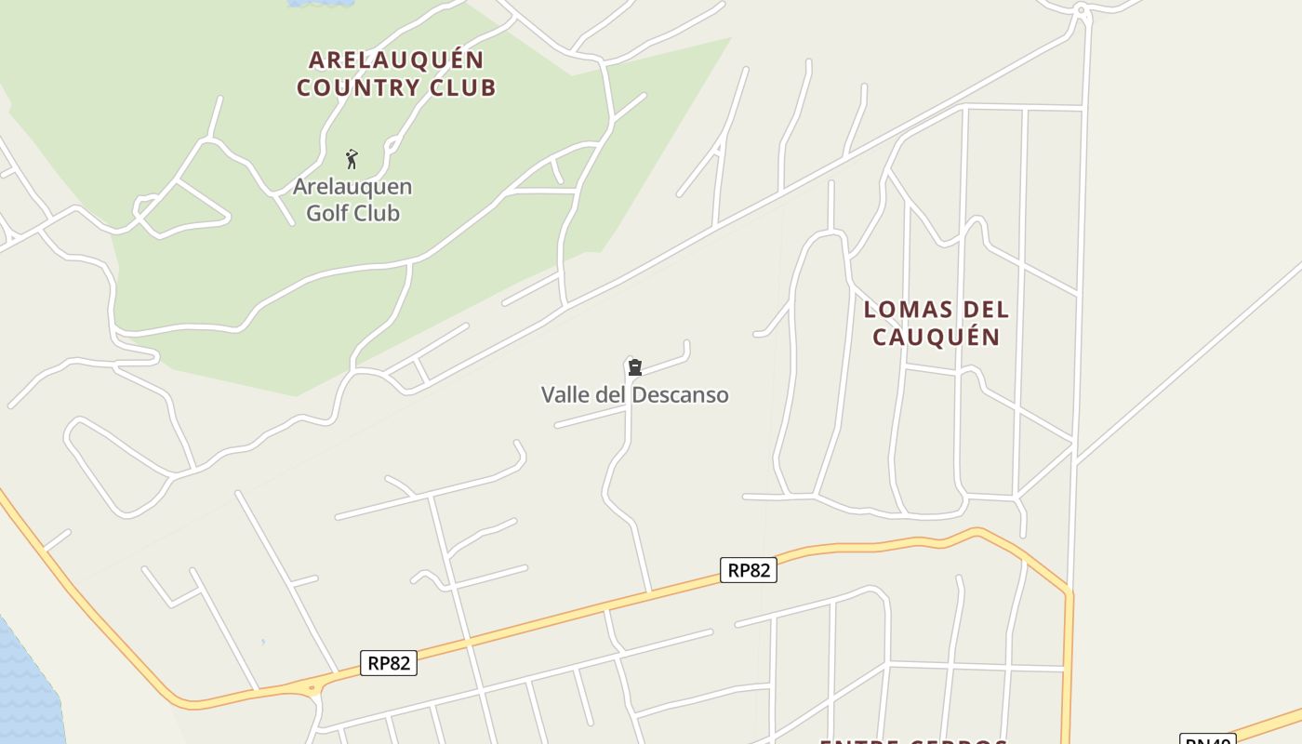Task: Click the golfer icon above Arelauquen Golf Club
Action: click(x=352, y=159)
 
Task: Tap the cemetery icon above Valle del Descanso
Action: click(x=635, y=368)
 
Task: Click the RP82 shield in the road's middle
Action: click(x=749, y=570)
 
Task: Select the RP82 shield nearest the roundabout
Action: click(x=389, y=663)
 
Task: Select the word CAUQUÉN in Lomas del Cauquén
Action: click(x=936, y=337)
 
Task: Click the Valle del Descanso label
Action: click(x=635, y=395)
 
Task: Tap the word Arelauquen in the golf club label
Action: click(x=352, y=187)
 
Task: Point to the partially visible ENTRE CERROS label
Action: click(x=913, y=740)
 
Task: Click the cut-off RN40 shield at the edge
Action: click(x=1207, y=739)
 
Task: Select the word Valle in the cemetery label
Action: click(x=565, y=395)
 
